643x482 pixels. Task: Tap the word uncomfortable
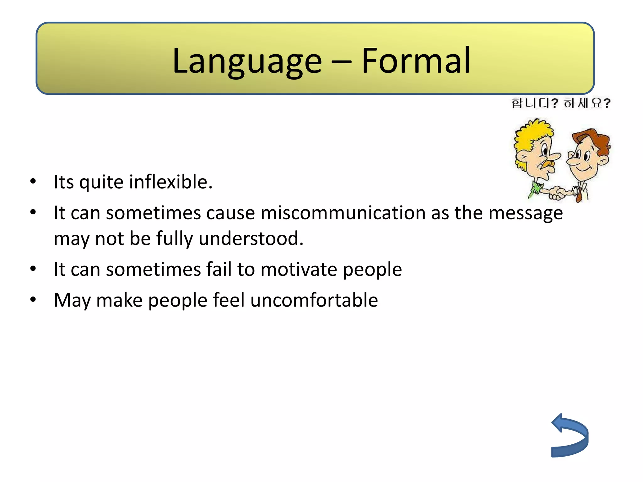[314, 300]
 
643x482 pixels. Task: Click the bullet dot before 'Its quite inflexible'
[33, 181]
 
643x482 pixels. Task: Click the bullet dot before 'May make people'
[33, 300]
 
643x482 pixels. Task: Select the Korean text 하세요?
[587, 103]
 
